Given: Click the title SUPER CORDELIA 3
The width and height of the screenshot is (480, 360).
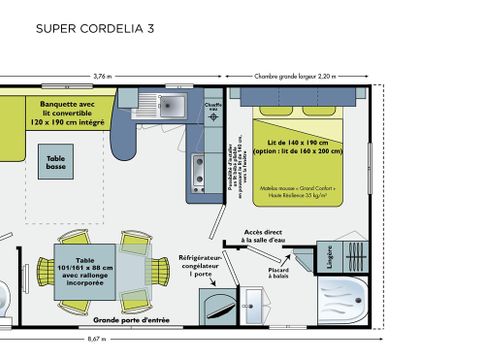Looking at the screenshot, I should pyautogui.click(x=95, y=29).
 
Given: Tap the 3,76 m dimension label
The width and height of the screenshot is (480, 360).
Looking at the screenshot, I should pyautogui.click(x=102, y=75).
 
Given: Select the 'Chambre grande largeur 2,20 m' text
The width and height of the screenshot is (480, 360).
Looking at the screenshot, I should pyautogui.click(x=296, y=75).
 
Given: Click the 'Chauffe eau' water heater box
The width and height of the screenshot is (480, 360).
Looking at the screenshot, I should pyautogui.click(x=213, y=107).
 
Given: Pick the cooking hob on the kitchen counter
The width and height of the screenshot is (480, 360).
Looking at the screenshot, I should pyautogui.click(x=198, y=168).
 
